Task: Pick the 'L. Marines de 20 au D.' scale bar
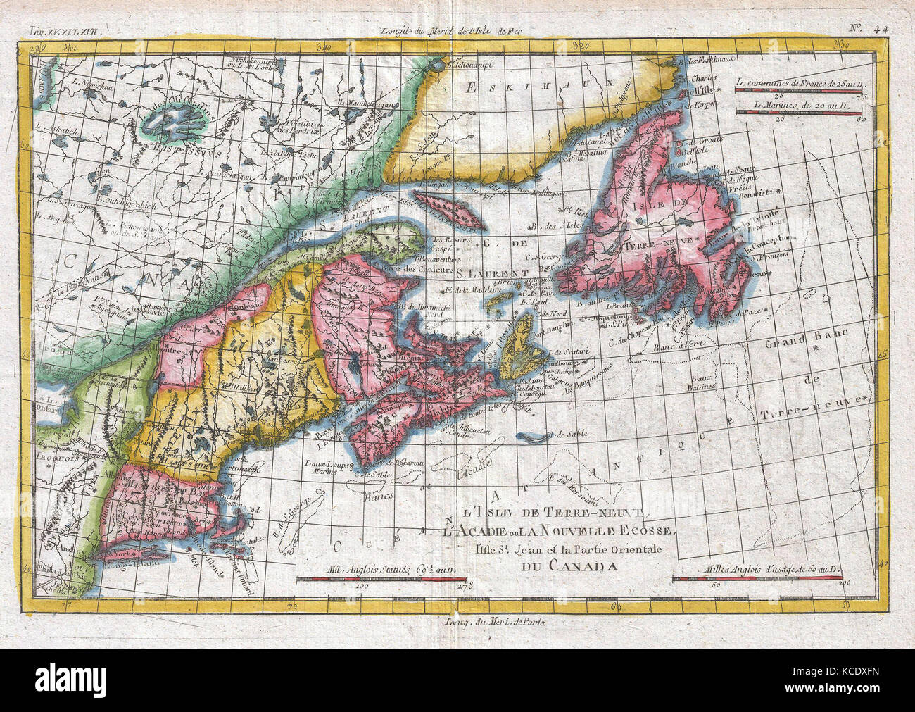(795, 112)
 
